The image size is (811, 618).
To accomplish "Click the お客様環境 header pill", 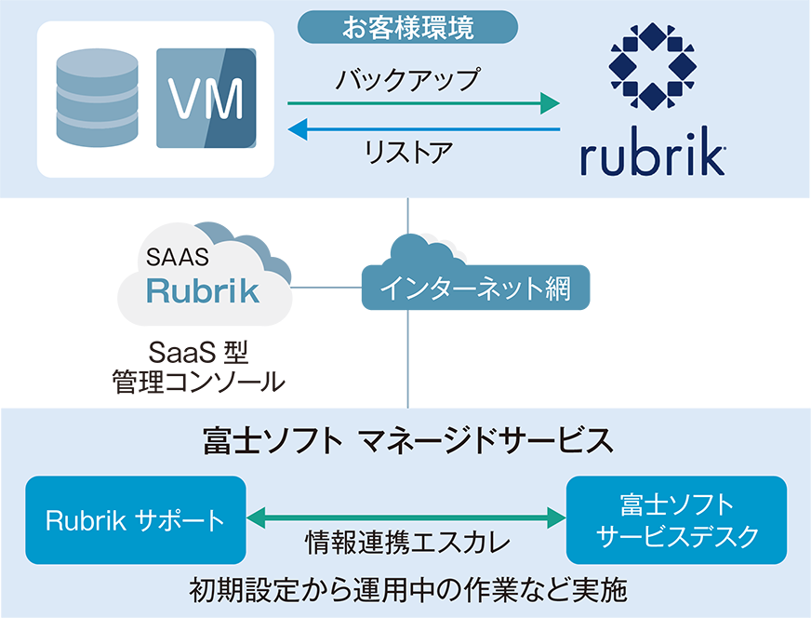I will pos(407,27).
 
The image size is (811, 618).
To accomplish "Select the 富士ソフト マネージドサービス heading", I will pos(407,440).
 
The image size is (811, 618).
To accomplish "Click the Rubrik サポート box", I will pos(136,519).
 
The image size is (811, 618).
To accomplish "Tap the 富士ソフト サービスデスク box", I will pos(676,519).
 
